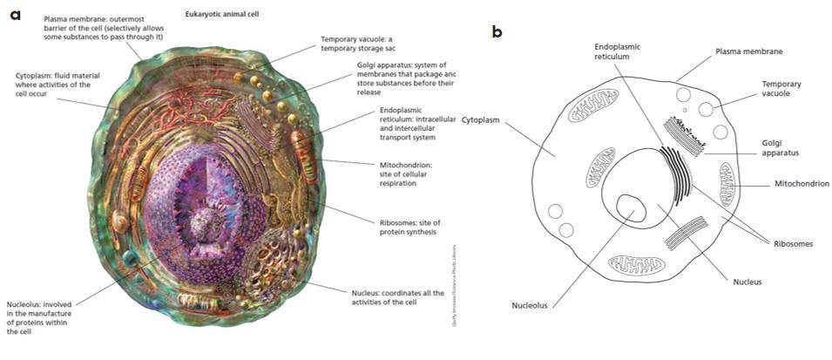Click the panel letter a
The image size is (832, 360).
pyautogui.click(x=14, y=16)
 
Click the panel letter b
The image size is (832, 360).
pyautogui.click(x=497, y=32)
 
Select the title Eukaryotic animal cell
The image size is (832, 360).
pyautogui.click(x=222, y=15)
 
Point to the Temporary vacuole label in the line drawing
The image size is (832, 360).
pyautogui.click(x=781, y=90)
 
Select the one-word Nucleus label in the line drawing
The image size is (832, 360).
pyautogui.click(x=747, y=282)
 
